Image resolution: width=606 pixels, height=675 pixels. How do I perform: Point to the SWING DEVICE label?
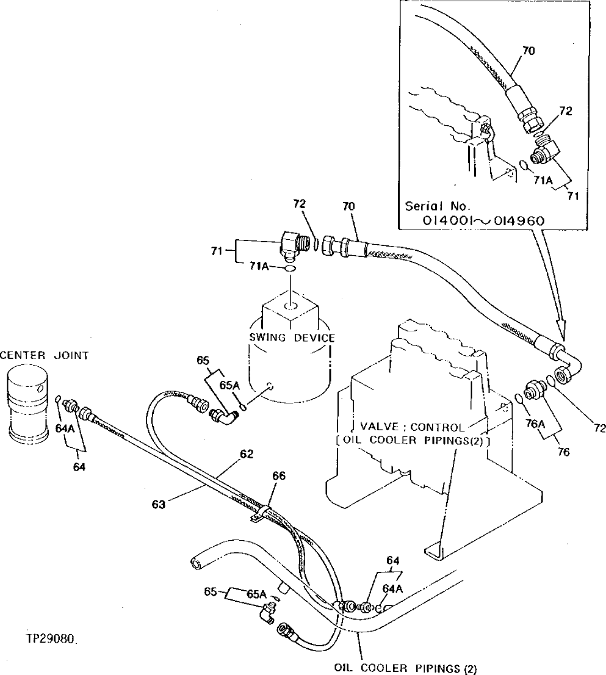pos(292,337)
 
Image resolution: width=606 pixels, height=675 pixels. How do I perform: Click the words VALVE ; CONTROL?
pos(411,427)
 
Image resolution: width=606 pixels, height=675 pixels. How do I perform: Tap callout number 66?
pos(278,475)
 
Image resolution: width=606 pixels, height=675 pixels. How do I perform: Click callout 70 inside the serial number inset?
pos(528,51)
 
